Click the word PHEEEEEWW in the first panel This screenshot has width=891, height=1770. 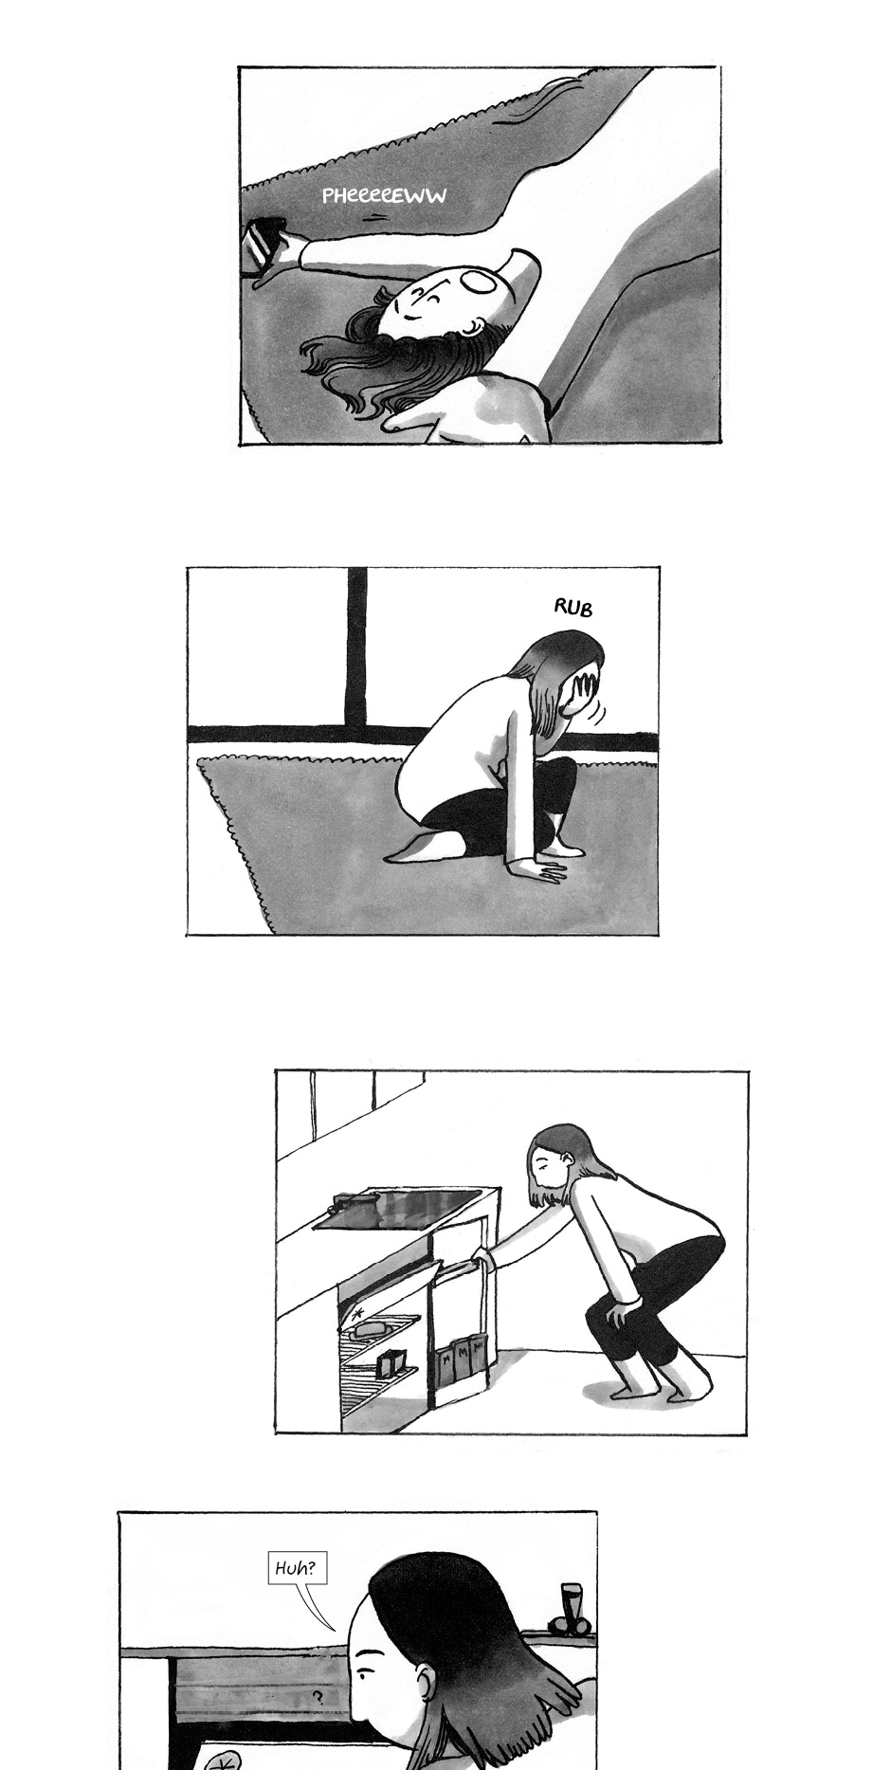383,195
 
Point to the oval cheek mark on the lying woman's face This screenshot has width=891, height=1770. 482,282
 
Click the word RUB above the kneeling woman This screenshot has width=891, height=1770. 573,607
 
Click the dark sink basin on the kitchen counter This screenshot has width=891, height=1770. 398,1209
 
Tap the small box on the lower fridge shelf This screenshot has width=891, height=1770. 391,1363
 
